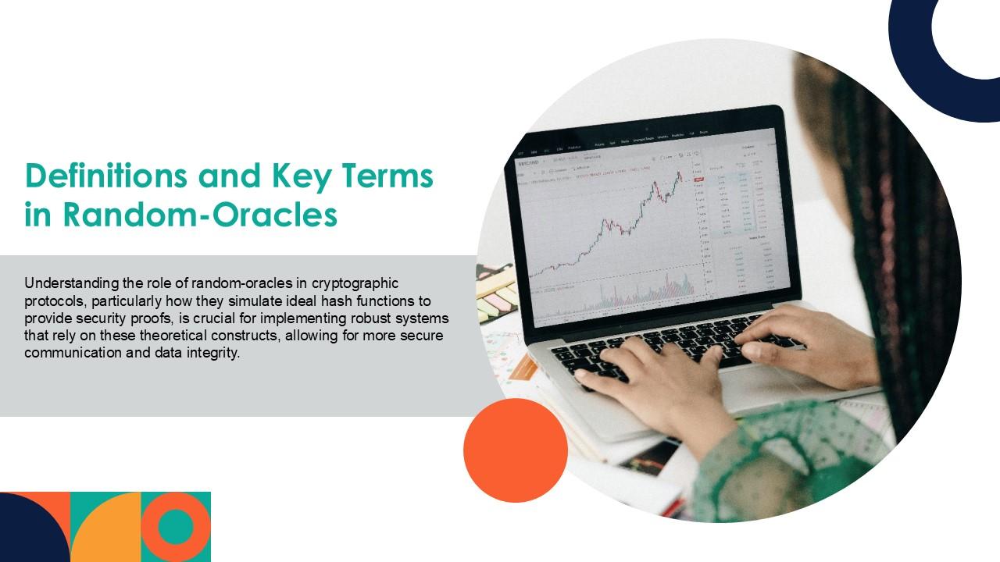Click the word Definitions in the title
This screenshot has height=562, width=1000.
tap(105, 176)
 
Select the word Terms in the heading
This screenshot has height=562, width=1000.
tap(387, 176)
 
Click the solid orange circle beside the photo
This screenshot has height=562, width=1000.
tap(516, 450)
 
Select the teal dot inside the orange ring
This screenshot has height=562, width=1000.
tap(176, 527)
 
